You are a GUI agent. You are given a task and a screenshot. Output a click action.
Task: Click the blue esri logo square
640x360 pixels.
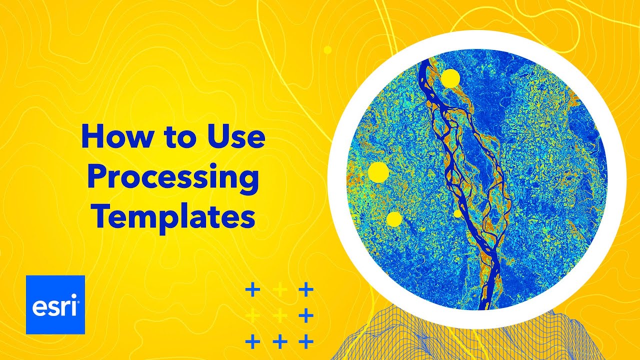coord(55,304)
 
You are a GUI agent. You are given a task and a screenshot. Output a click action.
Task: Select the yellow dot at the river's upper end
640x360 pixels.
coord(450,78)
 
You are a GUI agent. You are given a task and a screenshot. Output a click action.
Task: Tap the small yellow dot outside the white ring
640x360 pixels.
coord(328,50)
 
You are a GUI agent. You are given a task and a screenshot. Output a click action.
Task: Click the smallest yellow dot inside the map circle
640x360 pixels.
coord(457,213)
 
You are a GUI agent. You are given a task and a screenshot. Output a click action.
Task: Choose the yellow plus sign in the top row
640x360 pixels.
coord(280,289)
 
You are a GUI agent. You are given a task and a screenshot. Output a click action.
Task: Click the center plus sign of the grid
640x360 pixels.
coord(280,316)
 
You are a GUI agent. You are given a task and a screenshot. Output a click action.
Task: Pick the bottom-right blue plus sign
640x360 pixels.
coord(305,342)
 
